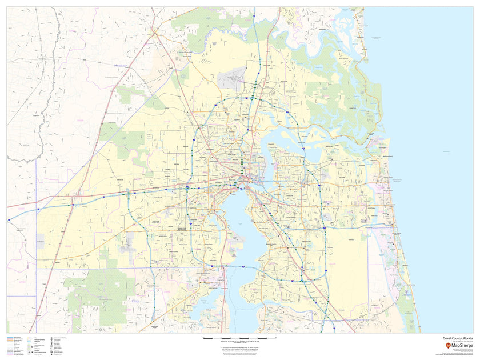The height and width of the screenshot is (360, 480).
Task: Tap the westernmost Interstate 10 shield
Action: click(x=9, y=220)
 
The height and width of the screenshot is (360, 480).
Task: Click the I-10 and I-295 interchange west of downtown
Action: click(x=187, y=187)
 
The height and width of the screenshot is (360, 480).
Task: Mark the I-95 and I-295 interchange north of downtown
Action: click(x=251, y=98)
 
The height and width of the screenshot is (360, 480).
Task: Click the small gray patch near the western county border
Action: click(x=40, y=240)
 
